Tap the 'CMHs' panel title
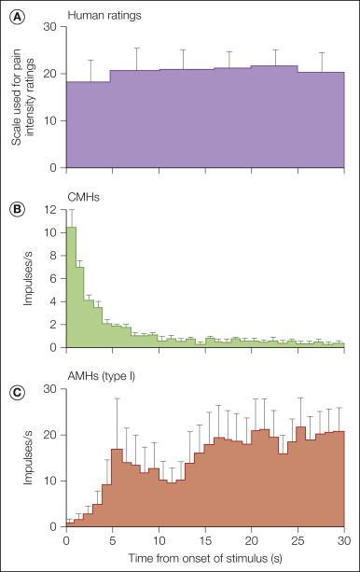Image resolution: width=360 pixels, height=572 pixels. tap(90, 197)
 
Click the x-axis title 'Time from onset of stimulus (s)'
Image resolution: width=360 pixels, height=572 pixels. tap(205, 562)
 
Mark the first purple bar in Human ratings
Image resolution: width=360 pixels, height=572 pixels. tap(88, 125)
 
